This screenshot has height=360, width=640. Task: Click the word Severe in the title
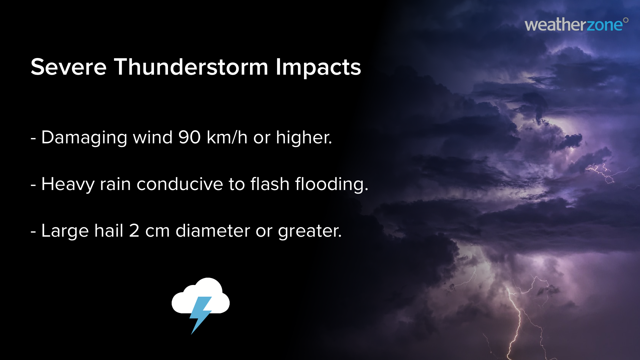point(68,67)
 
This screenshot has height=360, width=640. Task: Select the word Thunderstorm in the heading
point(191,67)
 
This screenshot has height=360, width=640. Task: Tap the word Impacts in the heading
point(318,68)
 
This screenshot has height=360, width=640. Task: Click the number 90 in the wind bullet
point(189,137)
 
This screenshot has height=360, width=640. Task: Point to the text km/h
point(227,137)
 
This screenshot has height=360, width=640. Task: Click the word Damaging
point(84,138)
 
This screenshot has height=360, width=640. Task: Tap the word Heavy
point(68,184)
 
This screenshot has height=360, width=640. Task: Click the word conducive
point(180,184)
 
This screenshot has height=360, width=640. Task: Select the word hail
point(109,231)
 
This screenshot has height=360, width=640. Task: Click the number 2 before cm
point(134,231)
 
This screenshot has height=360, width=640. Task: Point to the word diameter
point(213,231)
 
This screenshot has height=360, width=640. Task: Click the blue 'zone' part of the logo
point(604,25)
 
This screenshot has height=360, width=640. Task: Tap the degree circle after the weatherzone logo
point(626,20)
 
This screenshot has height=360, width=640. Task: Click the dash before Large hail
point(33,231)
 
